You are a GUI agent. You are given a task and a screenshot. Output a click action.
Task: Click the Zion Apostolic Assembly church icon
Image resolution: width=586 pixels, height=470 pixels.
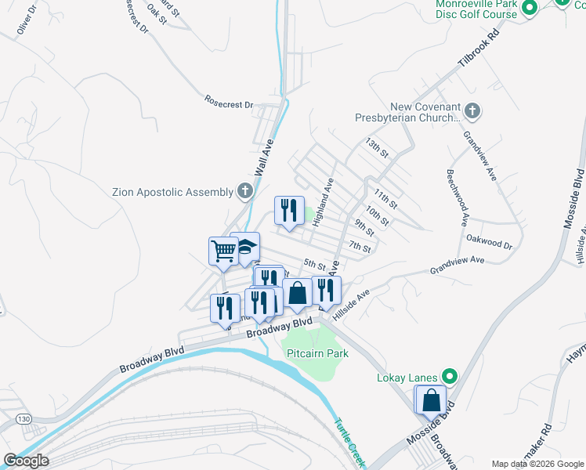tap(245, 191)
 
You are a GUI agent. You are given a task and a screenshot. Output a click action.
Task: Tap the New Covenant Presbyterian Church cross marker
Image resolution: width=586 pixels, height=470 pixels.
tap(472, 111)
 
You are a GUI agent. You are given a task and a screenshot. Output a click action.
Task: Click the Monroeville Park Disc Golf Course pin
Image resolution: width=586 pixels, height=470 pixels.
tap(529, 9)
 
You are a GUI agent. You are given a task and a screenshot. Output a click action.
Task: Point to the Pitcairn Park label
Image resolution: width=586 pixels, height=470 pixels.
tap(317, 353)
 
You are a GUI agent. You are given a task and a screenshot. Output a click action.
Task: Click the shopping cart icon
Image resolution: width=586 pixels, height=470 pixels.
tap(223, 251)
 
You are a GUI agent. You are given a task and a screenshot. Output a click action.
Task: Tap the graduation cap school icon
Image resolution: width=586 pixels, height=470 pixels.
tap(246, 247)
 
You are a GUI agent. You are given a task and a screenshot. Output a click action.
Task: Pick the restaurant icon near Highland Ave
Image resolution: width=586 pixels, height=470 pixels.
tap(289, 210)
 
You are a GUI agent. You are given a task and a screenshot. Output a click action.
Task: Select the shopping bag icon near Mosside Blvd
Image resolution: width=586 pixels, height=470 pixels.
tap(431, 400)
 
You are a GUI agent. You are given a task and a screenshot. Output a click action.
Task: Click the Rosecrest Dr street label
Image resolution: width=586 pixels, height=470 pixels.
tap(229, 103)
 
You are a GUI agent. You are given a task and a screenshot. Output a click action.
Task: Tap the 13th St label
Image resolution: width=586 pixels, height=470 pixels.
tap(377, 147)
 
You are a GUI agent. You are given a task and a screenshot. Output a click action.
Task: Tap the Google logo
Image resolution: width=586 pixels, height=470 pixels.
tap(26, 461)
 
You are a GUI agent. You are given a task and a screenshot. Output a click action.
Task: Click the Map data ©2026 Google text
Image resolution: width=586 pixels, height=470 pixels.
tap(537, 464)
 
